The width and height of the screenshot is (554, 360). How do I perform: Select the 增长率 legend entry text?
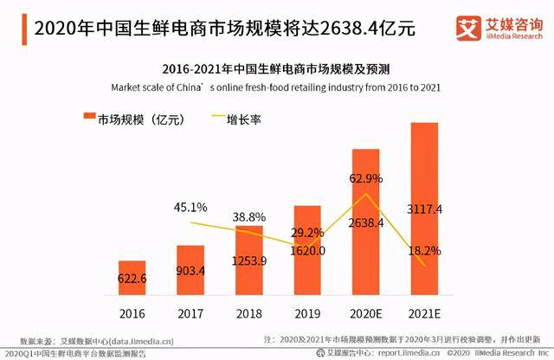244,119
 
